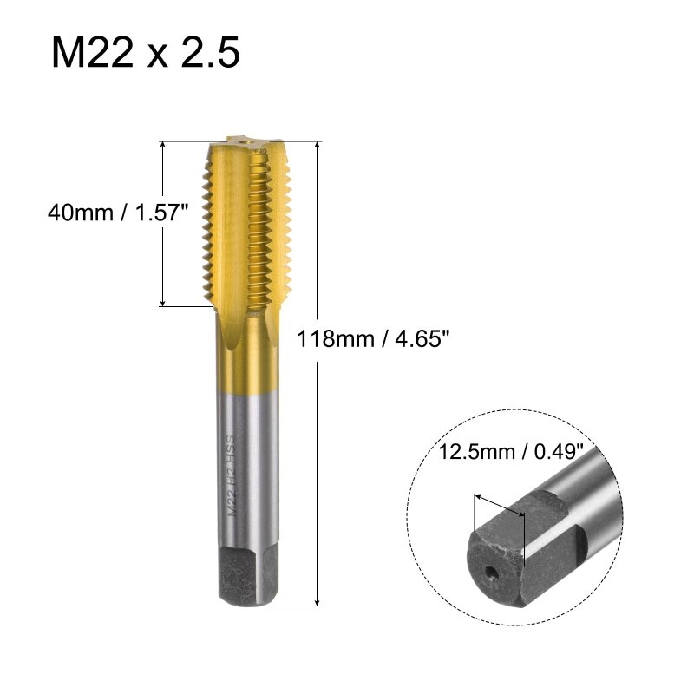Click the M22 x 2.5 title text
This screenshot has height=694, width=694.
(146, 52)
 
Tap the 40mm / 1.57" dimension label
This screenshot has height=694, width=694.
(118, 213)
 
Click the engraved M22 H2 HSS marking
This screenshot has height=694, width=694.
(231, 475)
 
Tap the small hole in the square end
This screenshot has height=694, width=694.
(491, 573)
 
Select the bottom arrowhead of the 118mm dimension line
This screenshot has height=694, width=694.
(318, 602)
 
